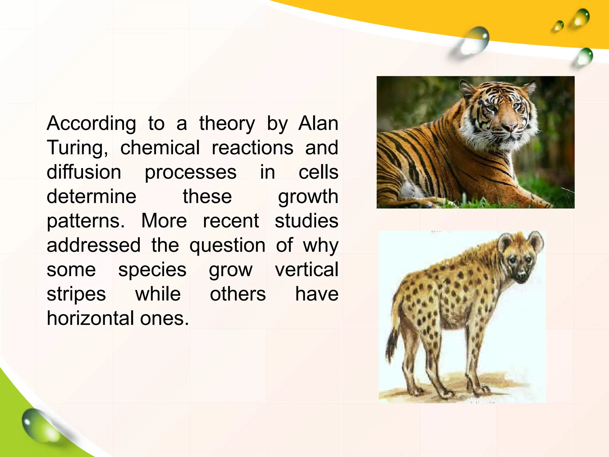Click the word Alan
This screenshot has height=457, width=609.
(318, 123)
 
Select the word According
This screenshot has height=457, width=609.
(91, 124)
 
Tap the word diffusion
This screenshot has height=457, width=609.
(84, 172)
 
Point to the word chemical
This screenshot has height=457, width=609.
(160, 148)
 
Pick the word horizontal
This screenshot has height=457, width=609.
(91, 318)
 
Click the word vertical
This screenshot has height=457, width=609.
(306, 270)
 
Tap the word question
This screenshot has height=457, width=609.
(227, 246)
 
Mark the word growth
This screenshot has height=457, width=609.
(308, 197)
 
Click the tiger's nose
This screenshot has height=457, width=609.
(510, 127)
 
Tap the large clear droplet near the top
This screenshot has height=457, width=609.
(476, 40)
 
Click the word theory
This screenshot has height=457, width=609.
(227, 123)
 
